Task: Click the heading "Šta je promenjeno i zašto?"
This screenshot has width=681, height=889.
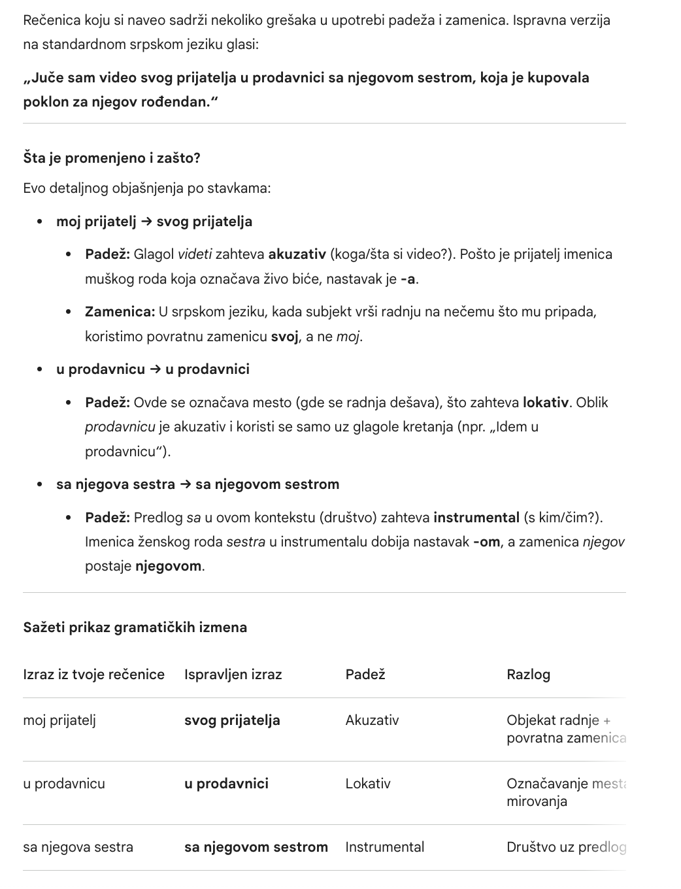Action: point(112,158)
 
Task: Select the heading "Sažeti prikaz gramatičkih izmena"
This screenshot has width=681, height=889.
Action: point(135,628)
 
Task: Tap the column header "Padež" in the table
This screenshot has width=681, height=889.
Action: point(365,675)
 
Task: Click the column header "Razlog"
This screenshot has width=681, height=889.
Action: point(528,675)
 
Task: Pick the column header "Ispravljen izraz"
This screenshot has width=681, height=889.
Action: point(233,675)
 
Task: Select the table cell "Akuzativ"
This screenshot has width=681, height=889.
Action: point(372,720)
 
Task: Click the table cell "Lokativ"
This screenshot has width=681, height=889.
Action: point(368,784)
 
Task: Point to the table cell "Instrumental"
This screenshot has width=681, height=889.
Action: point(384,847)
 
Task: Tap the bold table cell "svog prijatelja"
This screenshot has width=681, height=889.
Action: point(232,720)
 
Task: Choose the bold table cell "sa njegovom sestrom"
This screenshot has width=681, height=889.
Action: point(256,847)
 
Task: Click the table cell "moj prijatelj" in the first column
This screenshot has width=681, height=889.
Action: point(59,720)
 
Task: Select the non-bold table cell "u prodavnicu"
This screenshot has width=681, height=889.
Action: point(64,784)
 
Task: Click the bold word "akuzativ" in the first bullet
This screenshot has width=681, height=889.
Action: point(297,254)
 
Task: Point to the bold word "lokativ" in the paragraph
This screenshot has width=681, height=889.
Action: point(545,403)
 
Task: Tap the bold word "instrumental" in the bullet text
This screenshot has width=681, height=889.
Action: point(476,518)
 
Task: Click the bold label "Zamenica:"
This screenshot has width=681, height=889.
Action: point(120,312)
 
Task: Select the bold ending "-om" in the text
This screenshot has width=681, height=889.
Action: point(486,542)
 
